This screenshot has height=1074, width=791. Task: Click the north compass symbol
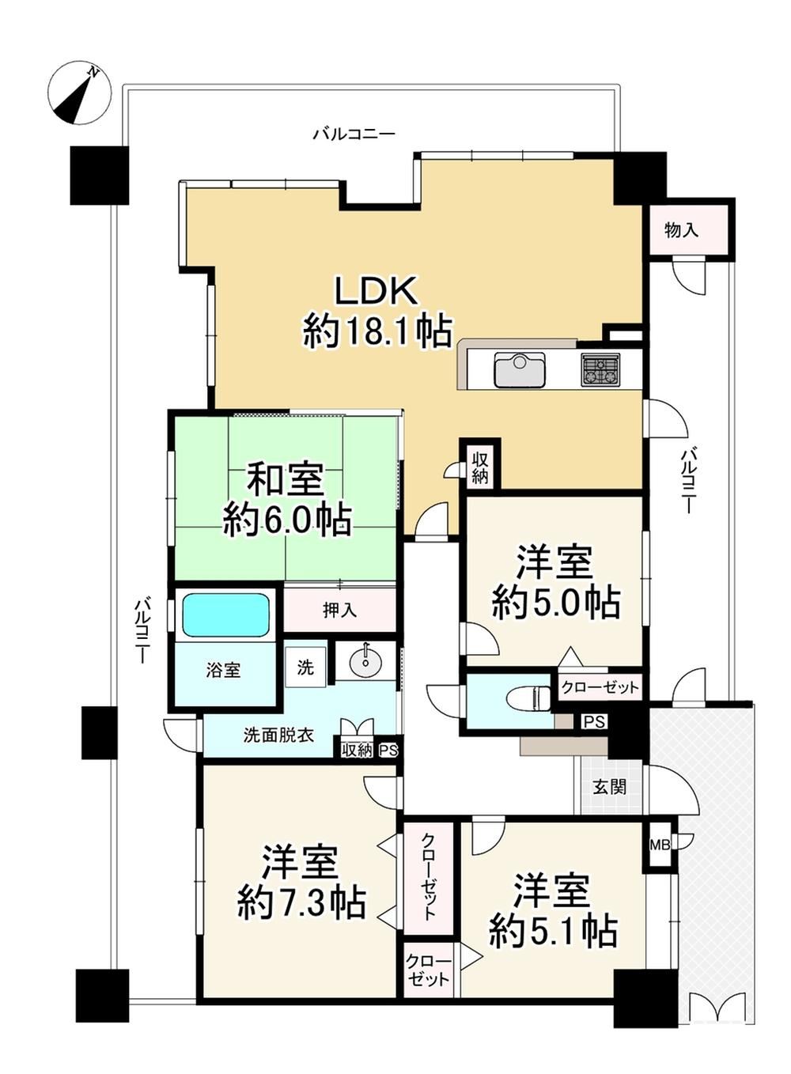(x=80, y=93)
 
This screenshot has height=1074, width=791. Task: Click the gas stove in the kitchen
(x=600, y=369)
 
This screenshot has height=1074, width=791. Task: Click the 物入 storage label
(x=681, y=231)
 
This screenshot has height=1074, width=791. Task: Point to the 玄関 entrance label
(x=609, y=787)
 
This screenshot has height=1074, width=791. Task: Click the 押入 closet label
(x=339, y=610)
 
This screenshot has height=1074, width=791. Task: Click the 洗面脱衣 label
(x=278, y=735)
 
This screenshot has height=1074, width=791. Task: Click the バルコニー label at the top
(x=354, y=134)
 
